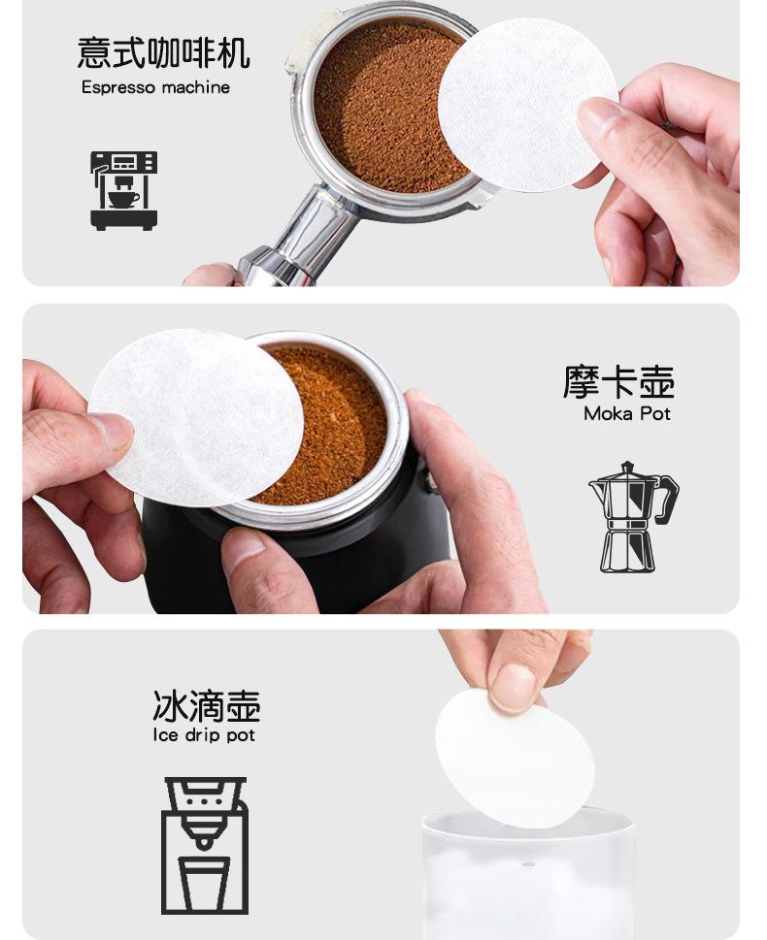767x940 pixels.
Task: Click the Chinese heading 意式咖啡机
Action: point(163,52)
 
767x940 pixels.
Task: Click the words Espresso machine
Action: point(155,87)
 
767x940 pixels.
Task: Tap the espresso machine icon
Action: point(123,190)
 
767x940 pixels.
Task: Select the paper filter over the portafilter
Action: point(527,105)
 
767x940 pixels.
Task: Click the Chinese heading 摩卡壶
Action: point(618,382)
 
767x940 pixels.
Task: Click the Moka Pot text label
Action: point(626,413)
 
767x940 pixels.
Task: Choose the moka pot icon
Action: point(634,517)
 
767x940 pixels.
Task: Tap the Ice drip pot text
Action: point(204,735)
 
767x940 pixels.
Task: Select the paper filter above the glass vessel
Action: point(515,758)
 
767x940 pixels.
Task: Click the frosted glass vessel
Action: point(528,875)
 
